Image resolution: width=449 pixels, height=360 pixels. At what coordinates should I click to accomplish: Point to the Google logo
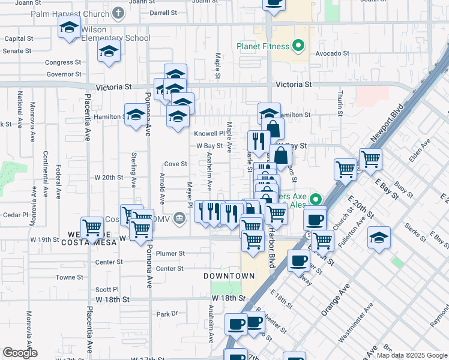(20, 353)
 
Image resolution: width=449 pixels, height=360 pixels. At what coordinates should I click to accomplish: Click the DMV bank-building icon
(179, 218)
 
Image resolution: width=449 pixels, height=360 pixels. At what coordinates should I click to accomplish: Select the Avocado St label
(334, 53)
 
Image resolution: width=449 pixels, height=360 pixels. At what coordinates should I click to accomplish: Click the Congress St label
(63, 62)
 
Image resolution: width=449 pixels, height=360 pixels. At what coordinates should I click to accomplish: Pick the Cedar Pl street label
(16, 214)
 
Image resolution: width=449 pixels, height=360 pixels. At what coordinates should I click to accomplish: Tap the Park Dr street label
(167, 314)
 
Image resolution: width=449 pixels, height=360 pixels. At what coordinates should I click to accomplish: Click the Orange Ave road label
(335, 301)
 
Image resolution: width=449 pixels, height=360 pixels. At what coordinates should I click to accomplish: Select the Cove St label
(176, 164)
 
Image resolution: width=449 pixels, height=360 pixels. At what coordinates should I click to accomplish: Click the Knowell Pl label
(209, 133)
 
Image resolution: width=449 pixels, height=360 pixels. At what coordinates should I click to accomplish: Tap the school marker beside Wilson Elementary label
(70, 28)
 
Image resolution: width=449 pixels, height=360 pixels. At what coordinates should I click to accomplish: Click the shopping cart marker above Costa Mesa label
(92, 227)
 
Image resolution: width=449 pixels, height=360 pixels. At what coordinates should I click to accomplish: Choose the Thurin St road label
(340, 102)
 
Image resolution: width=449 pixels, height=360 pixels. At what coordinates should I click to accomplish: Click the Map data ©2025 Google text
(412, 355)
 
